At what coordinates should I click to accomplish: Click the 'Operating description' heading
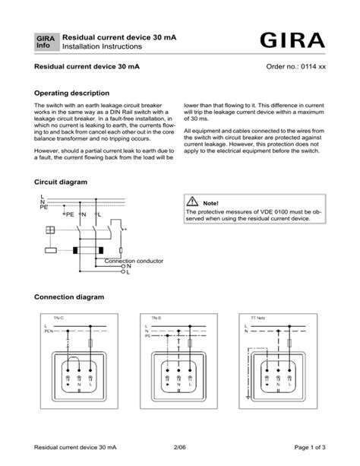(x=70, y=92)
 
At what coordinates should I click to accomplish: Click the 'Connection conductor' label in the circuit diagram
(x=134, y=261)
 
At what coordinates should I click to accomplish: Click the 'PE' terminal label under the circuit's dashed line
(x=69, y=215)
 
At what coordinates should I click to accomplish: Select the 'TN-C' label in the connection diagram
(x=58, y=317)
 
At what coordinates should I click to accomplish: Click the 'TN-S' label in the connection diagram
(x=156, y=317)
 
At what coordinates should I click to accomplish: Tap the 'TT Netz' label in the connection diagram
(x=259, y=317)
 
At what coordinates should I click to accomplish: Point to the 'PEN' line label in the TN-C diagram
(x=49, y=331)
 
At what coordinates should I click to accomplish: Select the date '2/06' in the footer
(x=179, y=447)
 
